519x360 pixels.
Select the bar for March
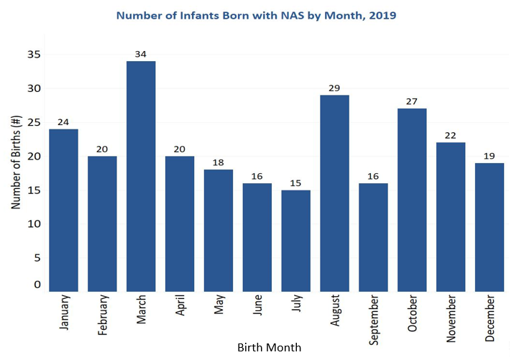[x=141, y=176]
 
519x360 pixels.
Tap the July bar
[x=296, y=240]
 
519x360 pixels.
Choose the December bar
[x=490, y=226]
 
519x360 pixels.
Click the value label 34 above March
[x=141, y=54]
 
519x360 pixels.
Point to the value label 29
[x=335, y=88]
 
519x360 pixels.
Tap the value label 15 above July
[x=296, y=183]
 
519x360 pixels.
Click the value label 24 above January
[x=63, y=121]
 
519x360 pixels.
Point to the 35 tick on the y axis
[x=34, y=55]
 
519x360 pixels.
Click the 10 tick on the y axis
[x=34, y=223]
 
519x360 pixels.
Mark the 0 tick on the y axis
[x=37, y=285]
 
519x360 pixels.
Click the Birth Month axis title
[x=269, y=348]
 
